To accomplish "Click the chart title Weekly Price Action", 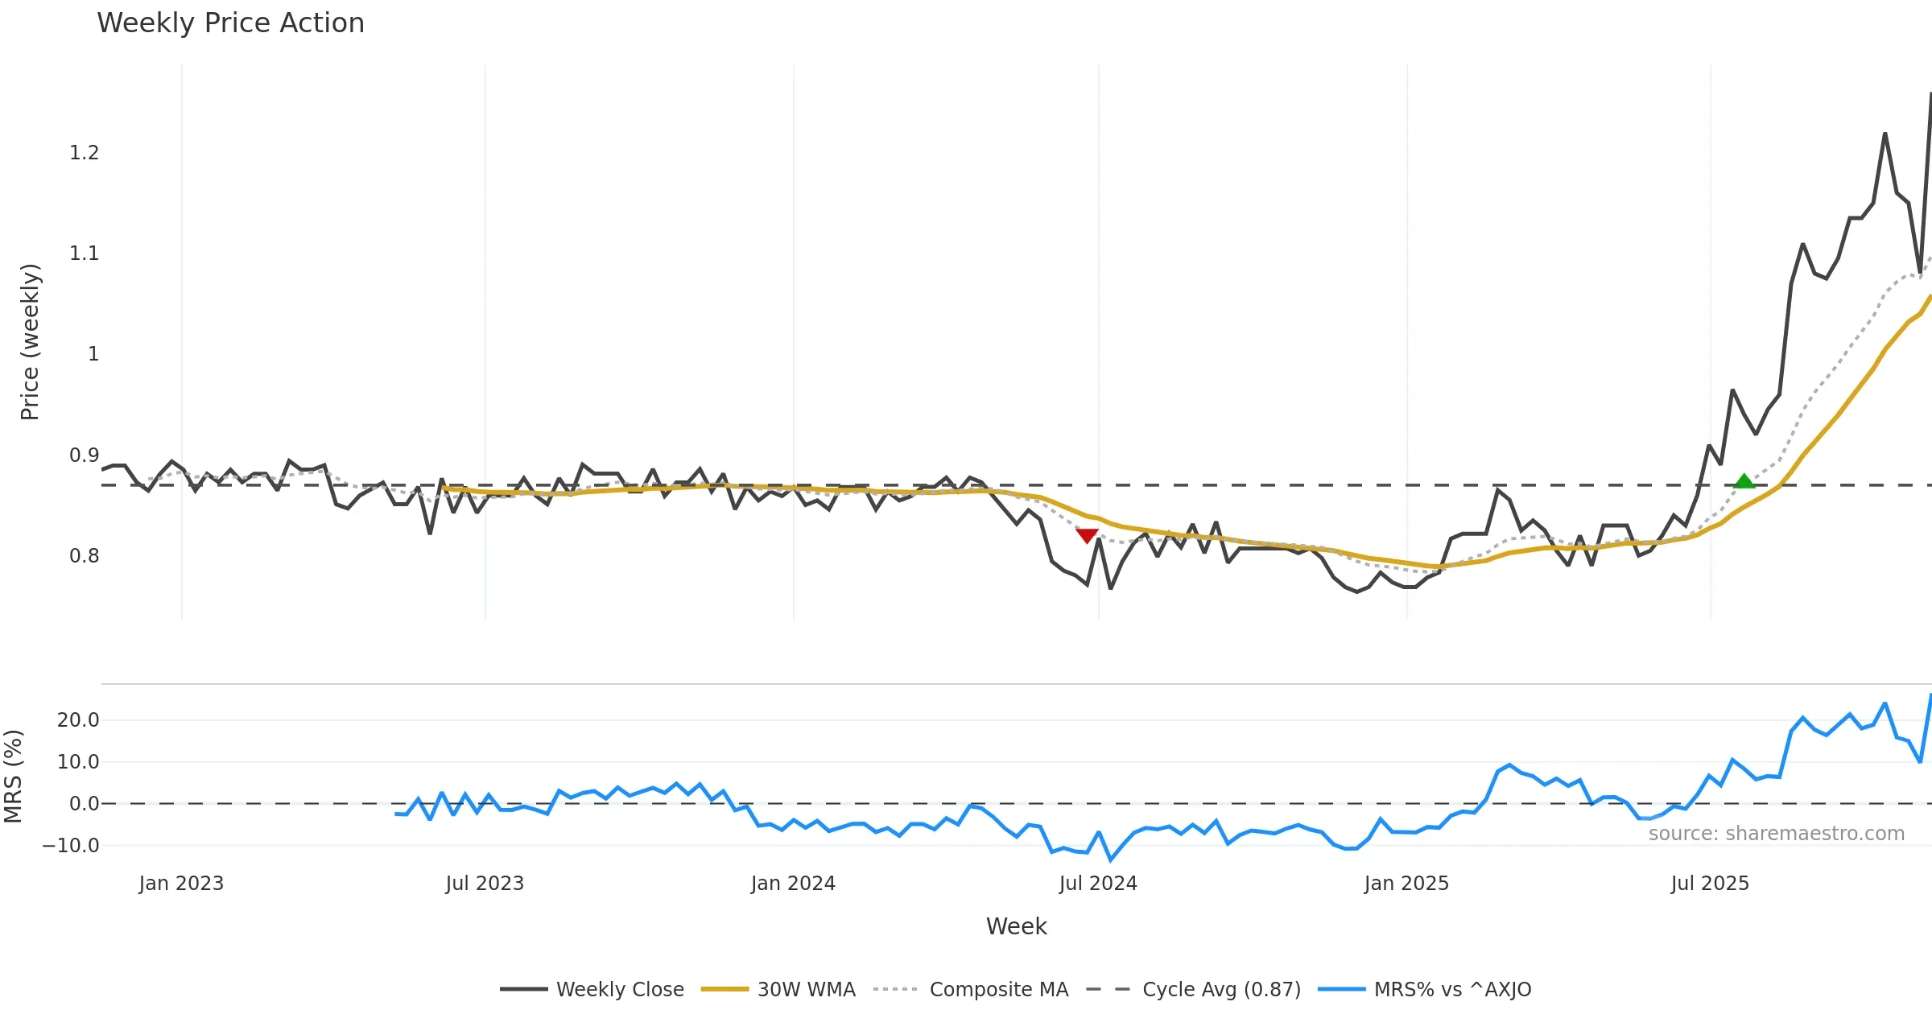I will (230, 23).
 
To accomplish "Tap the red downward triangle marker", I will (1087, 535).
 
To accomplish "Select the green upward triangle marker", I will (1744, 481).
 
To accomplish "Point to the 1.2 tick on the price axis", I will (84, 153).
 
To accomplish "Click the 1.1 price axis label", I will (84, 253).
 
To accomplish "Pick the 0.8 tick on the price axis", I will (84, 556).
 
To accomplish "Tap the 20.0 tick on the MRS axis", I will (78, 720).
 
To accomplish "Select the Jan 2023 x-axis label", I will (181, 884).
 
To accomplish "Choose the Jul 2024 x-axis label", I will (1098, 884).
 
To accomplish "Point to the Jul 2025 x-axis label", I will (1710, 884).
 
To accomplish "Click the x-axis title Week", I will (1016, 927).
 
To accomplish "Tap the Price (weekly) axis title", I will (30, 342).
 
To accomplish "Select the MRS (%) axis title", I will (14, 777).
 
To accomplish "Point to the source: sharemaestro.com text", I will (1776, 834).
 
